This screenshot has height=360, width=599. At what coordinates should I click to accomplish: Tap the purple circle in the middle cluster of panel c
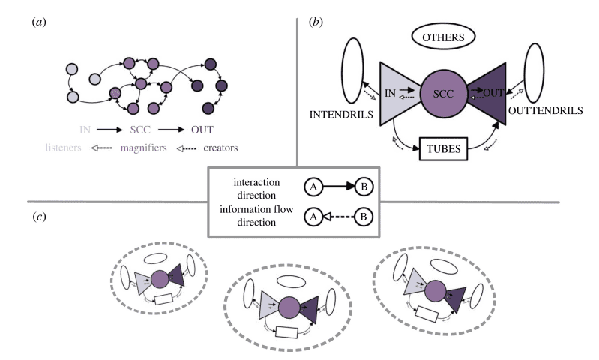[x=289, y=307]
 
